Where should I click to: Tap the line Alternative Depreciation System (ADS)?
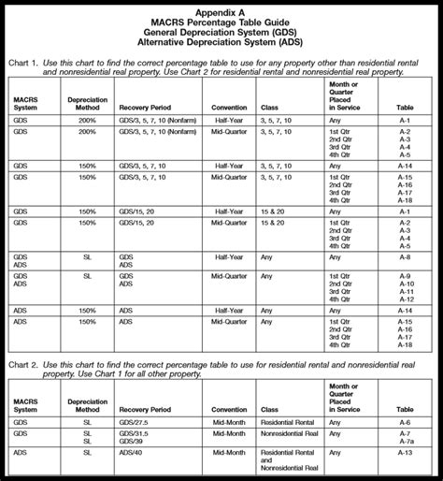(x=221, y=42)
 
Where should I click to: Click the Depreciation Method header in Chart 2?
(x=82, y=404)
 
